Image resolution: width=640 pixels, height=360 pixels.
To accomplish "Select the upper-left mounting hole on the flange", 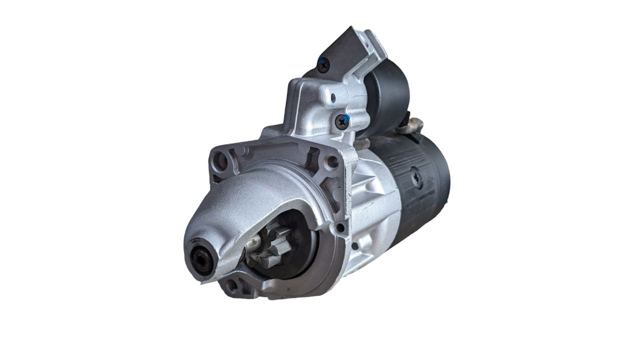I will (x=220, y=160).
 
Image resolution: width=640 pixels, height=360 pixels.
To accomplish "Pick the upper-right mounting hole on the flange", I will (x=329, y=161).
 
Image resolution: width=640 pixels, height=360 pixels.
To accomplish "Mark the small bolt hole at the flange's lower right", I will (x=340, y=228).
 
